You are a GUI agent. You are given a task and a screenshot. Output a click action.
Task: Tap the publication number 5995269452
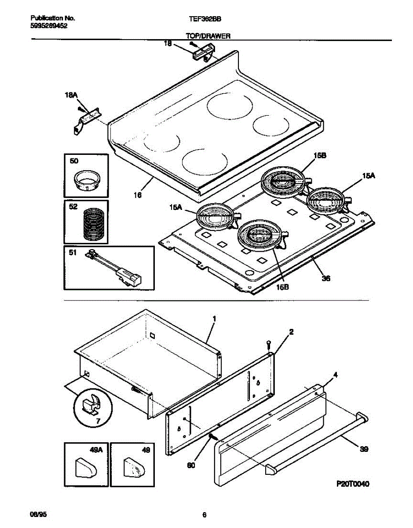(x=49, y=26)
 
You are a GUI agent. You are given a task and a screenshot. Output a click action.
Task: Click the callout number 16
(x=138, y=194)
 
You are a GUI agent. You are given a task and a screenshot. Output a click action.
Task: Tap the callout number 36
(x=326, y=278)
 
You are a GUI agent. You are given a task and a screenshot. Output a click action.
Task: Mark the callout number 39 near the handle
(x=364, y=449)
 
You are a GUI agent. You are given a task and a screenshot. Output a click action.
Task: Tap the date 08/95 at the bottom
(x=37, y=514)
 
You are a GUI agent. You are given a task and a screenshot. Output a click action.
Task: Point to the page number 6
(x=204, y=515)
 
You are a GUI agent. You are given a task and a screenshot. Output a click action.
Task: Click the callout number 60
(x=191, y=465)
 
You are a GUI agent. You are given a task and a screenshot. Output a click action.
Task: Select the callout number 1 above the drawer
(x=214, y=318)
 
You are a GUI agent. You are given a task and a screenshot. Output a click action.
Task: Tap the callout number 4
(x=335, y=375)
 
